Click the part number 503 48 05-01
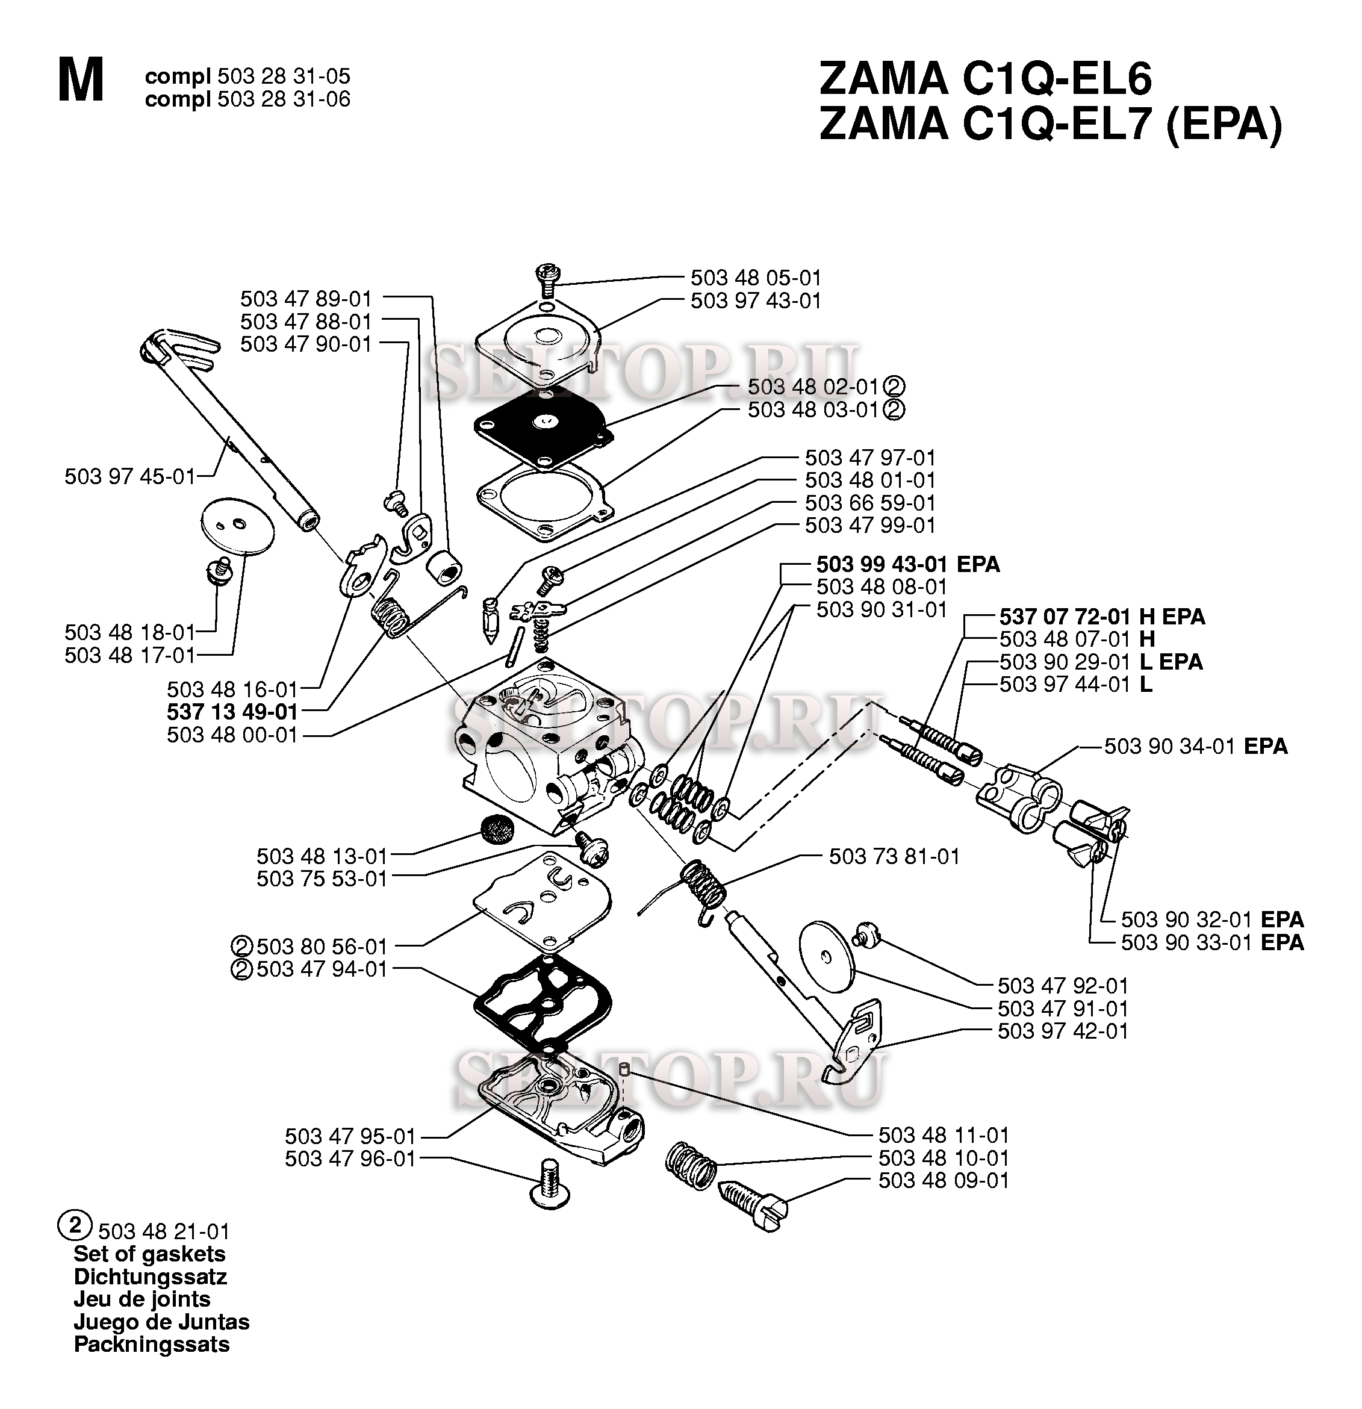tap(756, 278)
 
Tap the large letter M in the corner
tap(81, 82)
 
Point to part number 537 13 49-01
tap(232, 712)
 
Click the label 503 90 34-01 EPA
tap(1195, 746)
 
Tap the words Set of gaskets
tap(149, 1254)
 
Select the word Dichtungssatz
tap(150, 1278)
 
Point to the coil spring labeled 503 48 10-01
tap(691, 1165)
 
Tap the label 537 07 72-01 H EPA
tap(1102, 616)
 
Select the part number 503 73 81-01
tap(894, 856)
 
